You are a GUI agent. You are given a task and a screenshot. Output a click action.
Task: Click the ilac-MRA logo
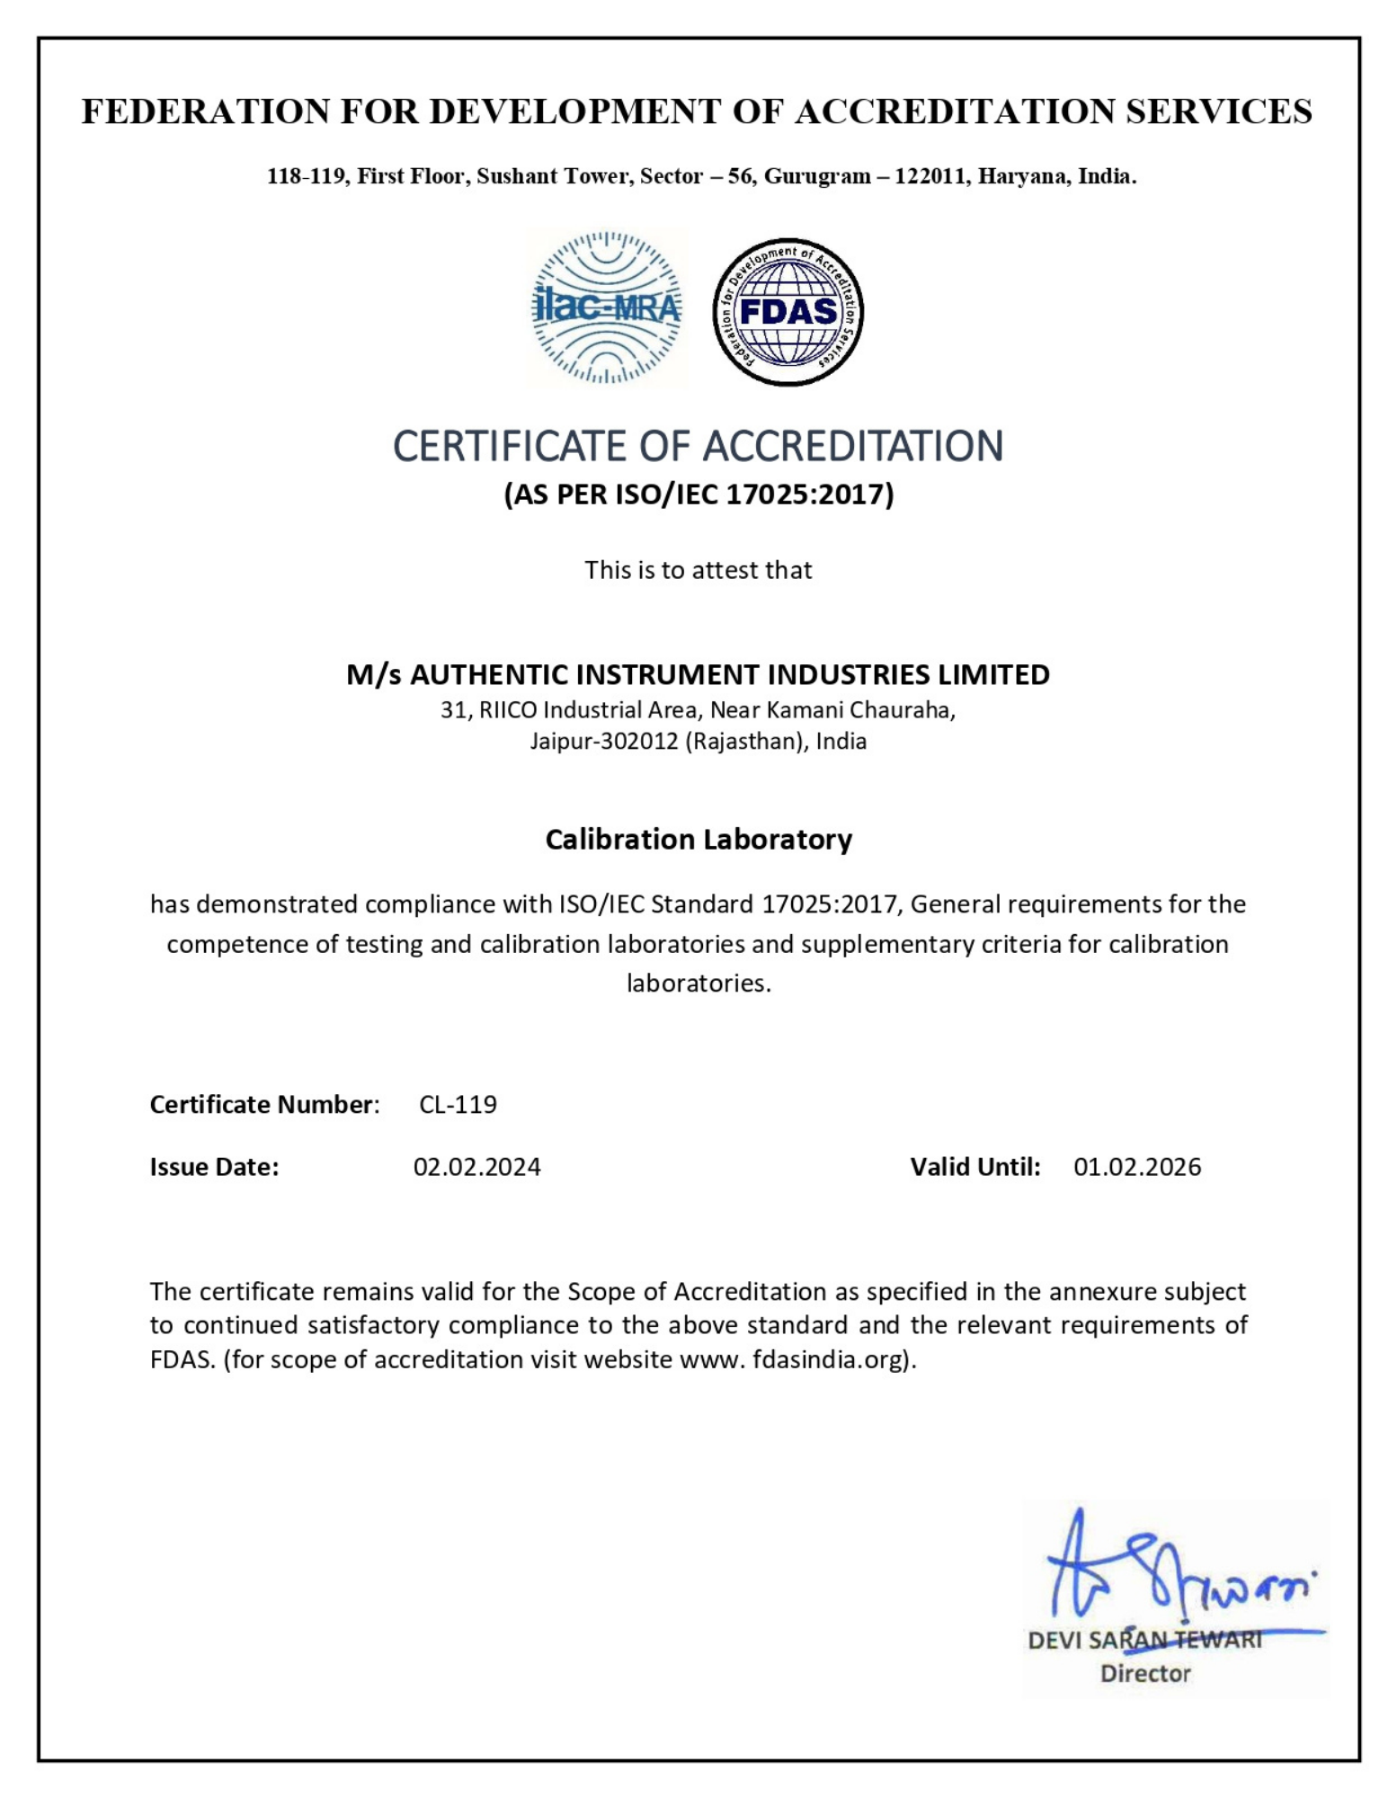[x=607, y=307]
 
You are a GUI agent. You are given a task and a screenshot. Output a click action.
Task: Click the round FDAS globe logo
[x=788, y=312]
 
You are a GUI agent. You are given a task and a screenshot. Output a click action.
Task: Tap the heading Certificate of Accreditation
[x=698, y=446]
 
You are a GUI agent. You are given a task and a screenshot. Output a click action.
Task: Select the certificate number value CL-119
[x=458, y=1104]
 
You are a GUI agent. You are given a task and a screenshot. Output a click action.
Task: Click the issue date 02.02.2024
[x=476, y=1167]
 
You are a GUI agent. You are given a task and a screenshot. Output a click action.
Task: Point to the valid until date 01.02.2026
[x=1136, y=1167]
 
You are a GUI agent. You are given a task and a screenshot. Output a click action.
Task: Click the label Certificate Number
[x=263, y=1104]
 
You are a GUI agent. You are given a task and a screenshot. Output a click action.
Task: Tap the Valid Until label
[x=975, y=1167]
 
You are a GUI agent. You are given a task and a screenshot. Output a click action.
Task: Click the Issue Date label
[x=214, y=1167]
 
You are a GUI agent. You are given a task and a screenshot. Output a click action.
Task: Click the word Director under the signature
[x=1144, y=1674]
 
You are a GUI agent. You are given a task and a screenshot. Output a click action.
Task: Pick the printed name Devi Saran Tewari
[x=1144, y=1641]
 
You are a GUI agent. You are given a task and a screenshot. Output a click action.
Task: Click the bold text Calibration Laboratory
[x=699, y=839]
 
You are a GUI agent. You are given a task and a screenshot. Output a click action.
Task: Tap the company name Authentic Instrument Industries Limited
[x=698, y=674]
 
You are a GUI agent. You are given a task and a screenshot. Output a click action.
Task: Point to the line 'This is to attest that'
[x=698, y=570]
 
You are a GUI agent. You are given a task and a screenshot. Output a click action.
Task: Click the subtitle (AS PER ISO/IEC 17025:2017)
[x=699, y=494]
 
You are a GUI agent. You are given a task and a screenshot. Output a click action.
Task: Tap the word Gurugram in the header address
[x=817, y=176]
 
